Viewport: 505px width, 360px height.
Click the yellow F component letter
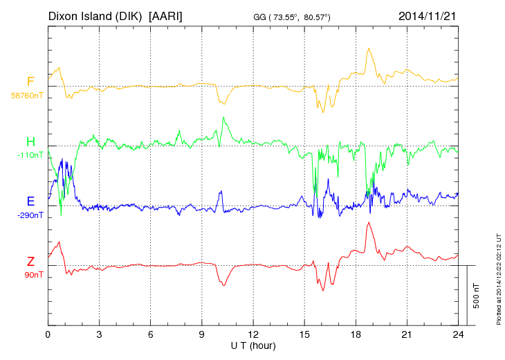tap(30, 82)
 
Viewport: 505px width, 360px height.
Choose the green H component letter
tap(30, 142)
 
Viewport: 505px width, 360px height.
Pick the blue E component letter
tap(30, 201)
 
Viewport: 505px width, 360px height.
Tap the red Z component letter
tap(30, 262)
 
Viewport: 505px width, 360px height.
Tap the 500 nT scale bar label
tap(477, 296)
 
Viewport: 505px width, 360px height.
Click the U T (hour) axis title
tap(253, 345)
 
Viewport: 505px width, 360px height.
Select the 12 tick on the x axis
tap(253, 334)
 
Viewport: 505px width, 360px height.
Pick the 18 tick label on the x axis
tap(356, 334)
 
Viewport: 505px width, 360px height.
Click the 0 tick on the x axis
tap(48, 334)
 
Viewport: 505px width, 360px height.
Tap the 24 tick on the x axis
tap(458, 334)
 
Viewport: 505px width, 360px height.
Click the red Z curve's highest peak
tap(369, 222)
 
